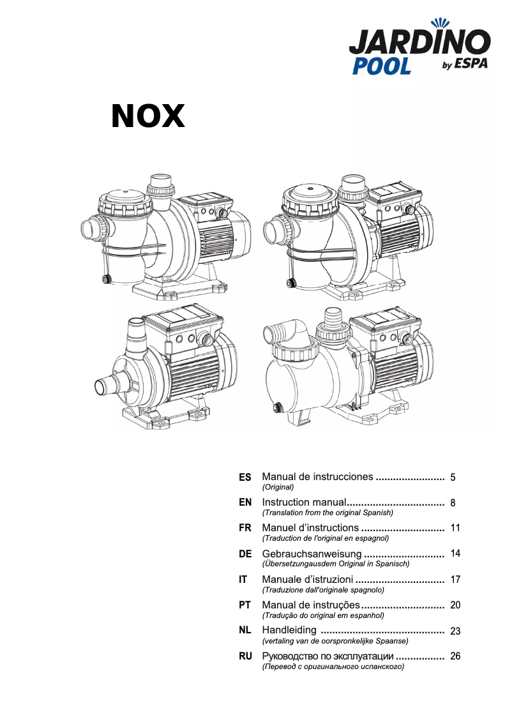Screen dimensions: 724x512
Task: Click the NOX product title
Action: pyautogui.click(x=148, y=116)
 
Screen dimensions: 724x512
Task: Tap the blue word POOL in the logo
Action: pyautogui.click(x=382, y=66)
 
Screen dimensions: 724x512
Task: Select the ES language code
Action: pyautogui.click(x=245, y=478)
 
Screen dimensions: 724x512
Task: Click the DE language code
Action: pyautogui.click(x=245, y=554)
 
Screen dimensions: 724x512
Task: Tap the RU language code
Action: pyautogui.click(x=245, y=656)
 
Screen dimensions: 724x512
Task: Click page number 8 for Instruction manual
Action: pyautogui.click(x=453, y=503)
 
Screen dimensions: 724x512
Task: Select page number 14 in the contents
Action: pyautogui.click(x=455, y=554)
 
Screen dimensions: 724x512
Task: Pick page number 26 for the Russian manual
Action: pyautogui.click(x=455, y=656)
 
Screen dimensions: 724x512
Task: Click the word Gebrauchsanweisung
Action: pyautogui.click(x=312, y=554)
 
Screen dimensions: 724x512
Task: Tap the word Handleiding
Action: pyautogui.click(x=289, y=631)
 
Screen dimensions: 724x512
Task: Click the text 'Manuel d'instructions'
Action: pyautogui.click(x=310, y=528)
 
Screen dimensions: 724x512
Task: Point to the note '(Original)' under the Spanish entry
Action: pyautogui.click(x=278, y=487)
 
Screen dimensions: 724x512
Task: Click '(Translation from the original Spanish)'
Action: pyautogui.click(x=328, y=513)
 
